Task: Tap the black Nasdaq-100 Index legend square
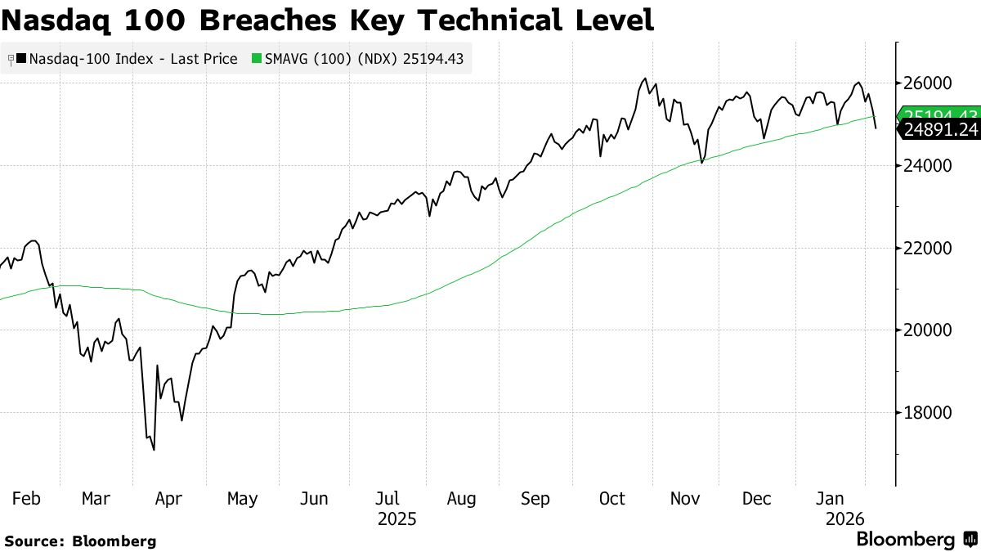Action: tap(20, 59)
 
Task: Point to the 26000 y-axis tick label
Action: tap(929, 83)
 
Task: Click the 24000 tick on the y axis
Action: tap(929, 166)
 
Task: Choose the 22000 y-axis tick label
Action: tap(929, 248)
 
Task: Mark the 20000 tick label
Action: tap(929, 330)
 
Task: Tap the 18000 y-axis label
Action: tap(929, 412)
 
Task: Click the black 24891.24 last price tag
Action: tap(939, 129)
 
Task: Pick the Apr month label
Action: tap(169, 499)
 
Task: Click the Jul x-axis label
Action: tap(387, 499)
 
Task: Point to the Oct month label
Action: tap(611, 499)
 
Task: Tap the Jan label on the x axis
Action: tap(831, 499)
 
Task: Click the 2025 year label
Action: tap(396, 518)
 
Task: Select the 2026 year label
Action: tap(841, 518)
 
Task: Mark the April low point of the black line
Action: tap(154, 449)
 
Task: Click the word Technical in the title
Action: tap(477, 20)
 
